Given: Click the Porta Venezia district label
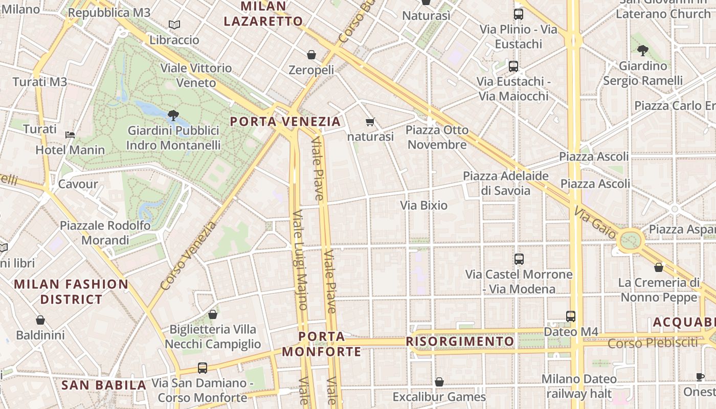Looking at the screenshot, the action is point(285,122).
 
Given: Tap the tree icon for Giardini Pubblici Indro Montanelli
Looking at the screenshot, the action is point(173,115).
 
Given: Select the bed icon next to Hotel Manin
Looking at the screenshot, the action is point(70,135).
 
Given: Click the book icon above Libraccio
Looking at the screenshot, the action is point(174,25).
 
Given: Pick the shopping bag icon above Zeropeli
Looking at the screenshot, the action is point(311,55).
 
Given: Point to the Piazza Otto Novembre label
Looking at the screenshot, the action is point(437,137).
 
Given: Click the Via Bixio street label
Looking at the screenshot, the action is point(423,206).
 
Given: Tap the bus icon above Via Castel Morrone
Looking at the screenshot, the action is point(519,259).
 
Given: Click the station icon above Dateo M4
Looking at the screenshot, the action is point(571,316).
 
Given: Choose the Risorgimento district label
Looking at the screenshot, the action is point(460,341).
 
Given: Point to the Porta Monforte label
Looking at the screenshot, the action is point(321,344).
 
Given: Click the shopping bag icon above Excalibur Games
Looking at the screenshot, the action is point(439,382).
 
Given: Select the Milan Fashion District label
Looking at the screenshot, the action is point(71,291).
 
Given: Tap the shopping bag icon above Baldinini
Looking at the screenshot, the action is point(40,320).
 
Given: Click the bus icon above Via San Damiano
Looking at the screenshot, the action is point(203,368).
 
